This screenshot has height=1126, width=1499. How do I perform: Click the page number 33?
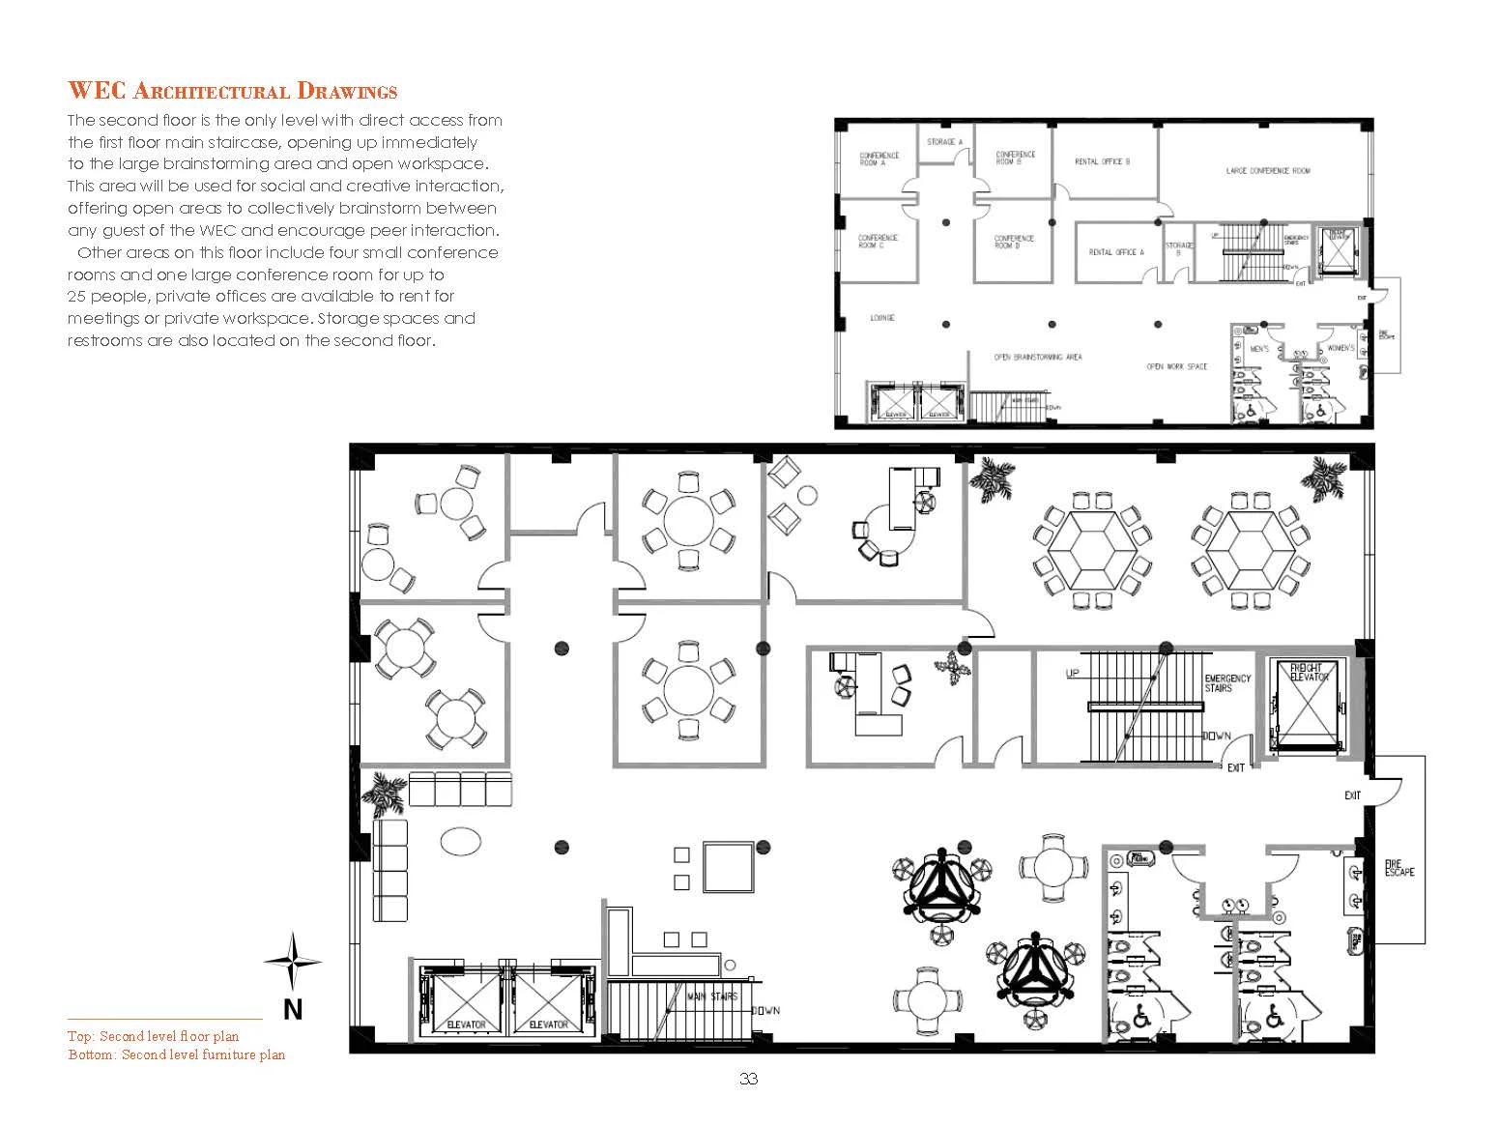[748, 1080]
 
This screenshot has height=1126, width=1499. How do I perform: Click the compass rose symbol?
[292, 961]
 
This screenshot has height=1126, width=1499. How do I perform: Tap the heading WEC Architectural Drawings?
[232, 92]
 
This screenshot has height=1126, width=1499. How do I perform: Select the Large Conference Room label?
[1267, 171]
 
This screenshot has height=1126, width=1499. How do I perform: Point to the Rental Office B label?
[1102, 162]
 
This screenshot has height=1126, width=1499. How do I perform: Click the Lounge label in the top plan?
[881, 318]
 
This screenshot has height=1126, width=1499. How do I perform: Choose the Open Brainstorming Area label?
[1038, 358]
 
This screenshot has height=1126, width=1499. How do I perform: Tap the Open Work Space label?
[1176, 367]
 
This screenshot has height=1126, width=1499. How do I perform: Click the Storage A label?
[944, 142]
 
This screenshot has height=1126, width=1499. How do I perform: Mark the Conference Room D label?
[1014, 242]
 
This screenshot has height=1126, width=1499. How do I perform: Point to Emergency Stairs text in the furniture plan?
[1227, 683]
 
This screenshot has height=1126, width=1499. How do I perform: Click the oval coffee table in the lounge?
[461, 841]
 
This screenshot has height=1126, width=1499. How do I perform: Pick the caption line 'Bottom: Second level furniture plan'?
[176, 1054]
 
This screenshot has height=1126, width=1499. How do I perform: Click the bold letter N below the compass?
[292, 1010]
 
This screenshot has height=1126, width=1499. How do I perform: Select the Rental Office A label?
[1115, 252]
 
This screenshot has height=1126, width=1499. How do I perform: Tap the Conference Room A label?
[879, 159]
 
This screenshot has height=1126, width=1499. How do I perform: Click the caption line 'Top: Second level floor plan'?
[153, 1036]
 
